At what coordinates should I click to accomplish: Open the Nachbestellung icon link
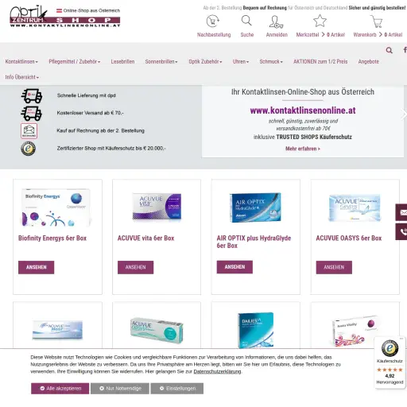click(x=214, y=22)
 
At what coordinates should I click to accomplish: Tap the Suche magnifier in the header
click(x=247, y=22)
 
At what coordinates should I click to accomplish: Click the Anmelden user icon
click(x=277, y=22)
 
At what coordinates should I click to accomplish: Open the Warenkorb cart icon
click(x=376, y=21)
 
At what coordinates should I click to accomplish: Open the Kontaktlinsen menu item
click(x=21, y=61)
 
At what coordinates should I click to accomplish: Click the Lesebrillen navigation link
click(x=122, y=61)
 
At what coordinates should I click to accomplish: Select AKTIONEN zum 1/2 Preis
click(x=321, y=61)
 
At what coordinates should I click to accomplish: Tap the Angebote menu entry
click(x=369, y=61)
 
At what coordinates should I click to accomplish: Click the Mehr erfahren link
click(x=303, y=149)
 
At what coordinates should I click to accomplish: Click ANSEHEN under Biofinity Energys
click(x=36, y=267)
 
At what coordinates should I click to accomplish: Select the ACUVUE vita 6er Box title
click(x=145, y=238)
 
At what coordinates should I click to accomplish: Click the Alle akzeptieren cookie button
click(x=60, y=389)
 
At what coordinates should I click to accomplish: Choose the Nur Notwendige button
click(x=119, y=389)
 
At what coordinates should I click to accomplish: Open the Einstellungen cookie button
click(x=177, y=389)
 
